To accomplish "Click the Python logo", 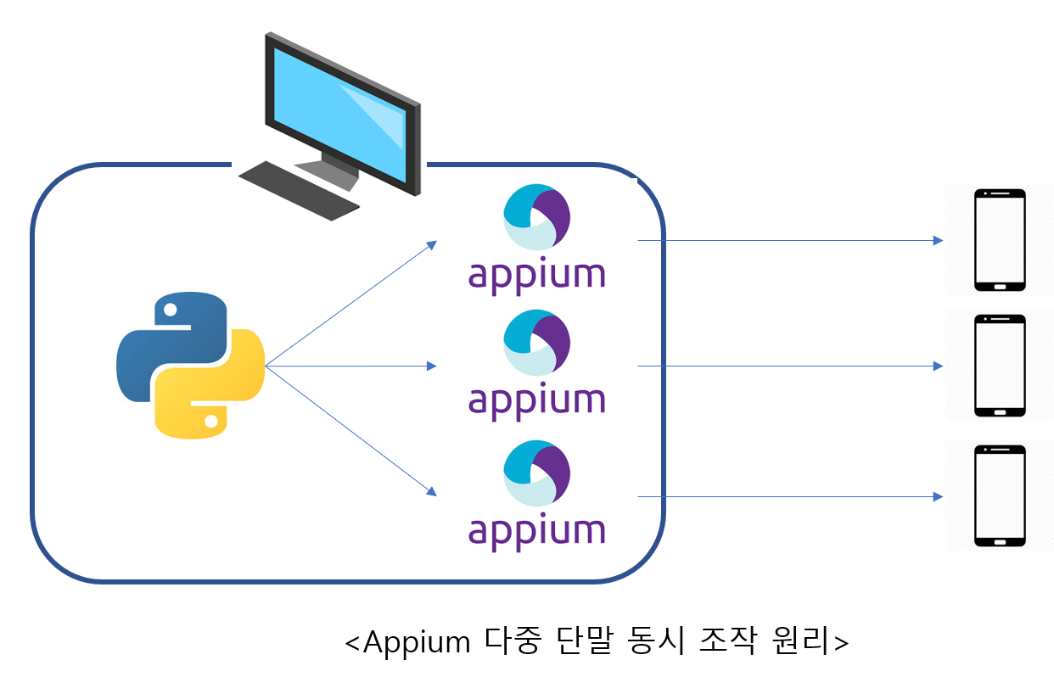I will (190, 366).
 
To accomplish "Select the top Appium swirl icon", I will (536, 217).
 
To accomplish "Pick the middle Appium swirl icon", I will (536, 344).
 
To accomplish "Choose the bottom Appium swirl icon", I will (536, 473).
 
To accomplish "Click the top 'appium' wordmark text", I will (536, 277).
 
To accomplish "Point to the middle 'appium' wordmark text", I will (536, 402).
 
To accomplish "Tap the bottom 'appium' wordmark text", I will (536, 533).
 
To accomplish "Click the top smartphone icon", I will (1000, 241).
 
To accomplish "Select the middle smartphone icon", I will (1000, 366).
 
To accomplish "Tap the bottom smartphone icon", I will (1000, 496).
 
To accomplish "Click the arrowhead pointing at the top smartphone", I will (938, 241).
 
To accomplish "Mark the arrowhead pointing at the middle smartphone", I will (938, 366).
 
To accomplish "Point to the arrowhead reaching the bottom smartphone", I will (938, 496).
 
